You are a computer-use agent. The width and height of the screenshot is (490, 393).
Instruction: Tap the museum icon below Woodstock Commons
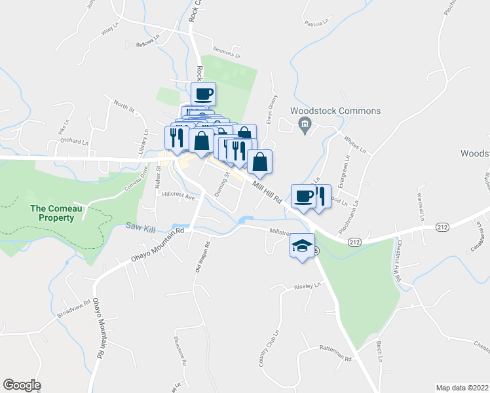(x=304, y=124)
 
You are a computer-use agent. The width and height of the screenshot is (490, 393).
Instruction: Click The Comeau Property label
(x=52, y=213)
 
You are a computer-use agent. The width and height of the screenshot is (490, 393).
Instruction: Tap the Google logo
(x=22, y=385)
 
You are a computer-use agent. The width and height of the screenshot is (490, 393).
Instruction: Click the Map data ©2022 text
(x=462, y=387)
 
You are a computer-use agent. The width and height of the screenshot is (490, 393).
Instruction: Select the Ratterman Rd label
(x=335, y=358)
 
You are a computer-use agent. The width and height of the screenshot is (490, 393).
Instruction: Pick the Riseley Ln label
(x=308, y=286)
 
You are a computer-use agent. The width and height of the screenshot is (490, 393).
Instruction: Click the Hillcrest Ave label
(x=179, y=196)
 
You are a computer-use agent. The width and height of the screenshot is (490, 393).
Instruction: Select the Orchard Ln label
(x=74, y=141)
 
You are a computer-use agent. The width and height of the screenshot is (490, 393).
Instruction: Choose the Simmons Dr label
(x=227, y=51)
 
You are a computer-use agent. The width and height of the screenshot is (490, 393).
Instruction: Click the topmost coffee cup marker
(x=203, y=93)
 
